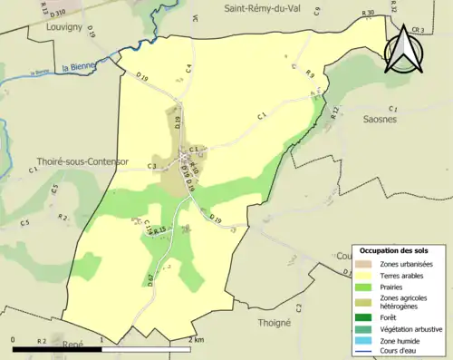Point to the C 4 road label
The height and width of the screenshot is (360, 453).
[x=189, y=67]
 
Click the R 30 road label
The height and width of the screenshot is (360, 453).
[x=366, y=13]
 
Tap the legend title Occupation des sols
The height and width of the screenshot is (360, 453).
[x=394, y=250]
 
